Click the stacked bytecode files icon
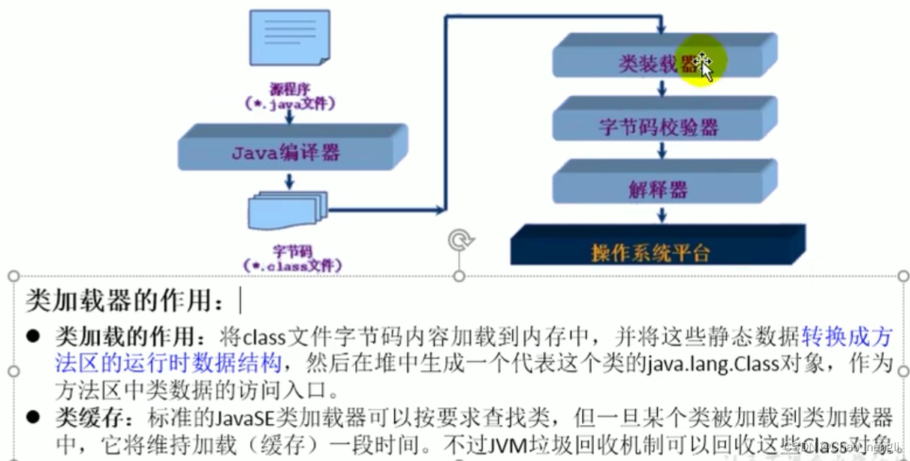(x=288, y=211)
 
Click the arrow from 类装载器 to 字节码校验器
(x=661, y=89)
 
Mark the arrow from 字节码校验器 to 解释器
(x=661, y=152)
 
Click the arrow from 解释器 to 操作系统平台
(x=661, y=214)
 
